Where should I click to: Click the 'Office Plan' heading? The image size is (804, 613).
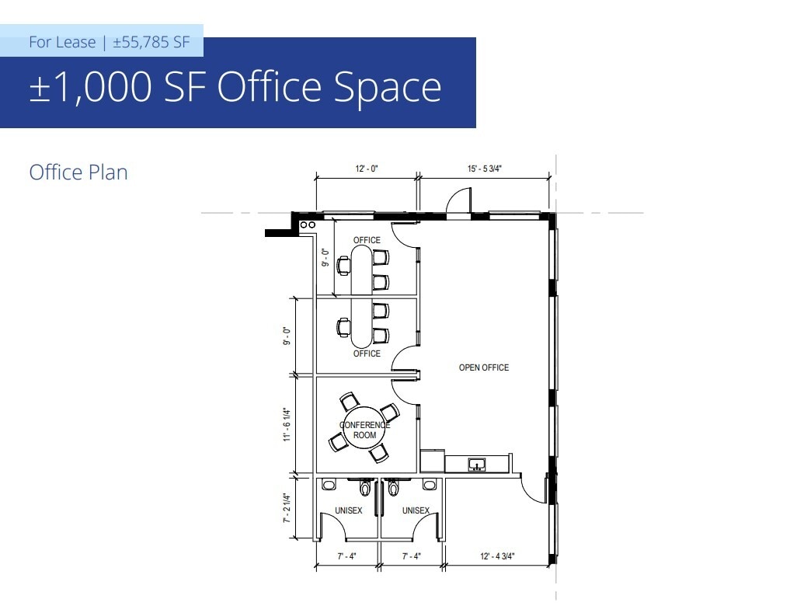point(78,172)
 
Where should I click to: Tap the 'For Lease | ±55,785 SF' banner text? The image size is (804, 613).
point(109,42)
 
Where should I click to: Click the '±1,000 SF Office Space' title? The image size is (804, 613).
point(235,87)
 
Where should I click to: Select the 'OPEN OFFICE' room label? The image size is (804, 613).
point(484,367)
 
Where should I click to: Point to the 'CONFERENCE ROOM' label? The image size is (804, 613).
point(365,430)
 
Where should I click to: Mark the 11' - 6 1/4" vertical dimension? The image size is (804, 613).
point(287,425)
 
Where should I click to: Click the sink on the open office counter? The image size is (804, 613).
point(477,465)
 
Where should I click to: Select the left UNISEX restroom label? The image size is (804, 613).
point(349,510)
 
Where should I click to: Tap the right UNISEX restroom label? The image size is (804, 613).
point(416,510)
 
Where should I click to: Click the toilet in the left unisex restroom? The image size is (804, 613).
point(365,489)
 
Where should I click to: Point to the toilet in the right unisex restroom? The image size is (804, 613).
point(393,489)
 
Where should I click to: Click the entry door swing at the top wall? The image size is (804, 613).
point(458,200)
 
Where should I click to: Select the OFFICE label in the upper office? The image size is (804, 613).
point(367,240)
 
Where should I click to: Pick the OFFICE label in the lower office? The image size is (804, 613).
point(367,354)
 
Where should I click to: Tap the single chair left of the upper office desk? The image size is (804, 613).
point(343,265)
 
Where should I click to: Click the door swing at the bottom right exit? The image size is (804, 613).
point(534,489)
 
